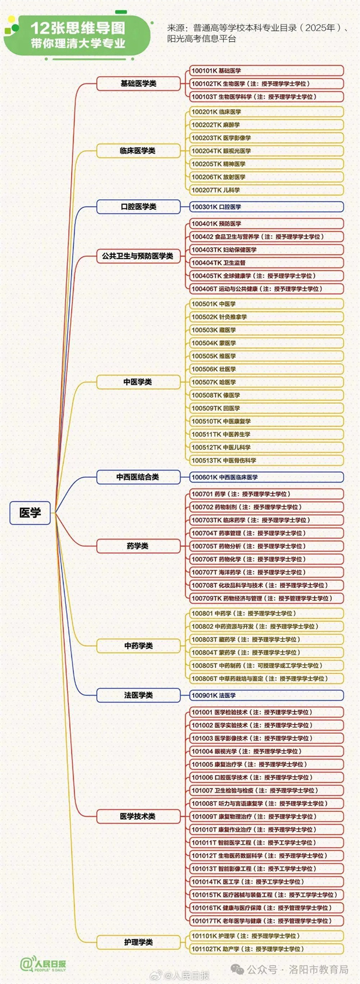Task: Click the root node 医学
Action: pyautogui.click(x=30, y=512)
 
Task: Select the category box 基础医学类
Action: pyautogui.click(x=138, y=83)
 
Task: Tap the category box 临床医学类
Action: pyautogui.click(x=138, y=151)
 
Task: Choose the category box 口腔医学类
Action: pyautogui.click(x=138, y=206)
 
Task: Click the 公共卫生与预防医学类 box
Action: pyautogui.click(x=138, y=256)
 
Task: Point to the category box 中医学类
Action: pyautogui.click(x=138, y=382)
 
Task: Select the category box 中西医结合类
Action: pyautogui.click(x=138, y=477)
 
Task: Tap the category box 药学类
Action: pyautogui.click(x=138, y=546)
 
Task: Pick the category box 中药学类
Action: pyautogui.click(x=138, y=646)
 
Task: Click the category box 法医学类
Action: pyautogui.click(x=138, y=695)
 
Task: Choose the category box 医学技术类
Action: pyautogui.click(x=138, y=816)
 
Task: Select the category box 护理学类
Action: pyautogui.click(x=138, y=942)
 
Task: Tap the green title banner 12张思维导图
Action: pyautogui.click(x=78, y=35)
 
